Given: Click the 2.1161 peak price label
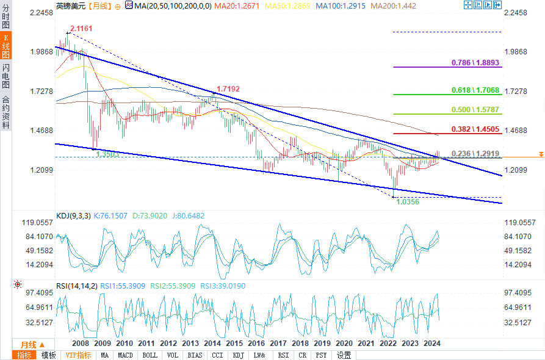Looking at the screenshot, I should tap(81, 29).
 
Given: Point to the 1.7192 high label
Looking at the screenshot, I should tap(228, 88).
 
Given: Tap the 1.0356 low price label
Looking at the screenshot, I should tap(408, 201).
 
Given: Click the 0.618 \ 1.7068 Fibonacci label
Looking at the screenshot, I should tap(475, 90).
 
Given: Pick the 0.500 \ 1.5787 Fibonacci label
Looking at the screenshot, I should tap(475, 110).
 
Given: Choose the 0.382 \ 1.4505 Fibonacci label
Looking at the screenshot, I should tap(475, 129).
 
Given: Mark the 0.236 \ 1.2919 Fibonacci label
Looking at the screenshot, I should tap(475, 154).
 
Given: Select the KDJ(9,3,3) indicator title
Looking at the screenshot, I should tap(73, 215).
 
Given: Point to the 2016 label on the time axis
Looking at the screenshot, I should tap(256, 344).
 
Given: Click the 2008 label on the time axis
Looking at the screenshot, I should tap(81, 344).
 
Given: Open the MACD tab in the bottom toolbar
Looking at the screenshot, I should tap(125, 355).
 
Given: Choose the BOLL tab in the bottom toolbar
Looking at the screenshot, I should tap(150, 355).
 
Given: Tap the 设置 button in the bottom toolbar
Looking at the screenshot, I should tap(344, 355).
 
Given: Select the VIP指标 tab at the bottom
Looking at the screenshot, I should tap(78, 355).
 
